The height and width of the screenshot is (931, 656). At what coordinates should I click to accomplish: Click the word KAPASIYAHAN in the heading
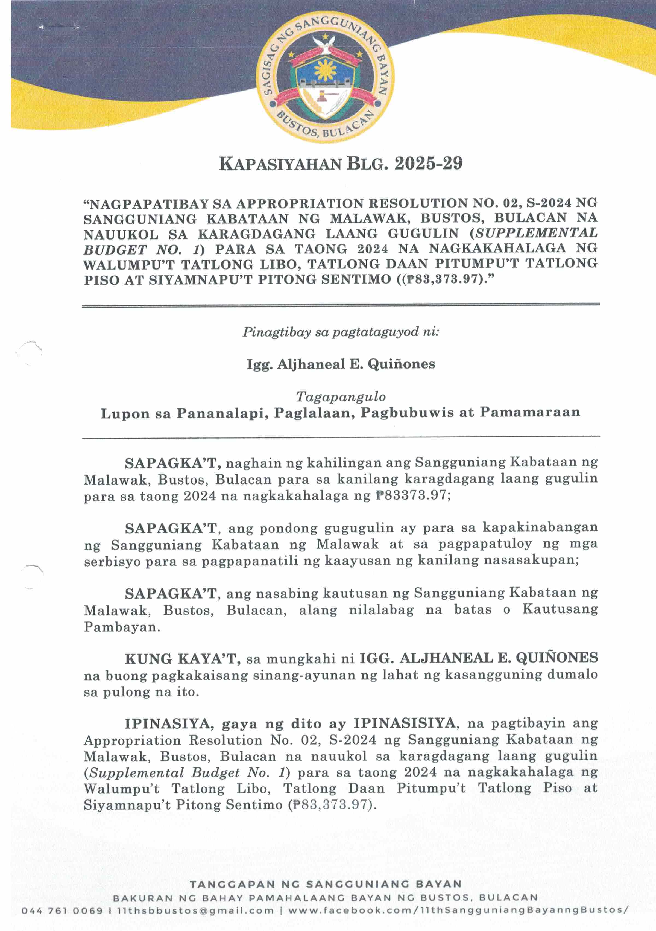coord(280,164)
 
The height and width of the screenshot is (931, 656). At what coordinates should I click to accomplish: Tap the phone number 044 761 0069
coord(62,911)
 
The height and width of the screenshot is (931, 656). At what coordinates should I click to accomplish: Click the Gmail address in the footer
coord(195,911)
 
